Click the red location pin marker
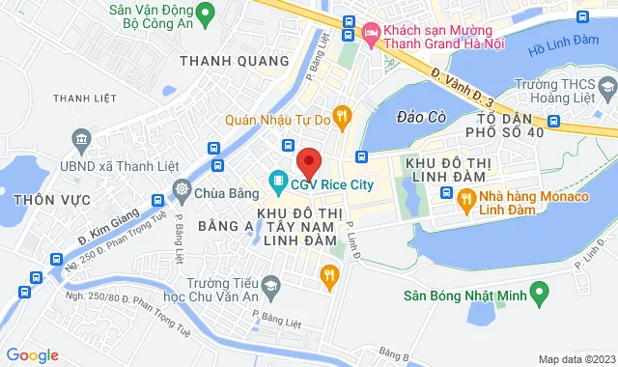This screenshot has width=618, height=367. click(x=308, y=161)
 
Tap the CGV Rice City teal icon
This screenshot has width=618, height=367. click(x=277, y=181)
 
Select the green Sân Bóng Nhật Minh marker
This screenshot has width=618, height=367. click(x=540, y=290)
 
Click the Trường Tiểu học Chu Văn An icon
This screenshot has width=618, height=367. click(x=271, y=287)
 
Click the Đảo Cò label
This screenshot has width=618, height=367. click(x=421, y=118)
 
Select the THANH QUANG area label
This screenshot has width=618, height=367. click(x=235, y=61)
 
